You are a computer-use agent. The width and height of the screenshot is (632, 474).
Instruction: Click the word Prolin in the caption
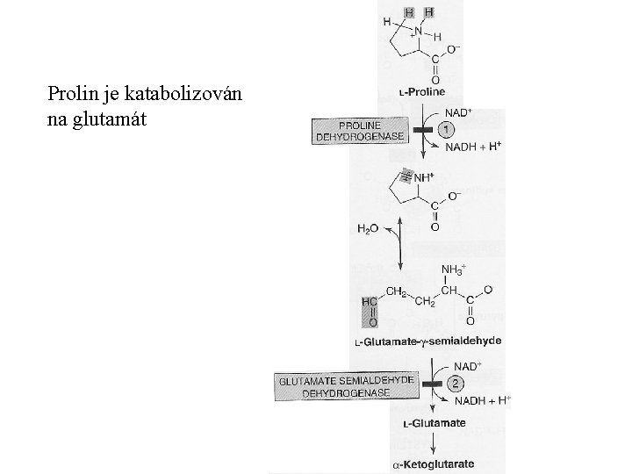(70, 93)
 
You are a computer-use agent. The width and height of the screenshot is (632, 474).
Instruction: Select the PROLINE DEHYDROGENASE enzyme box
(349, 131)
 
